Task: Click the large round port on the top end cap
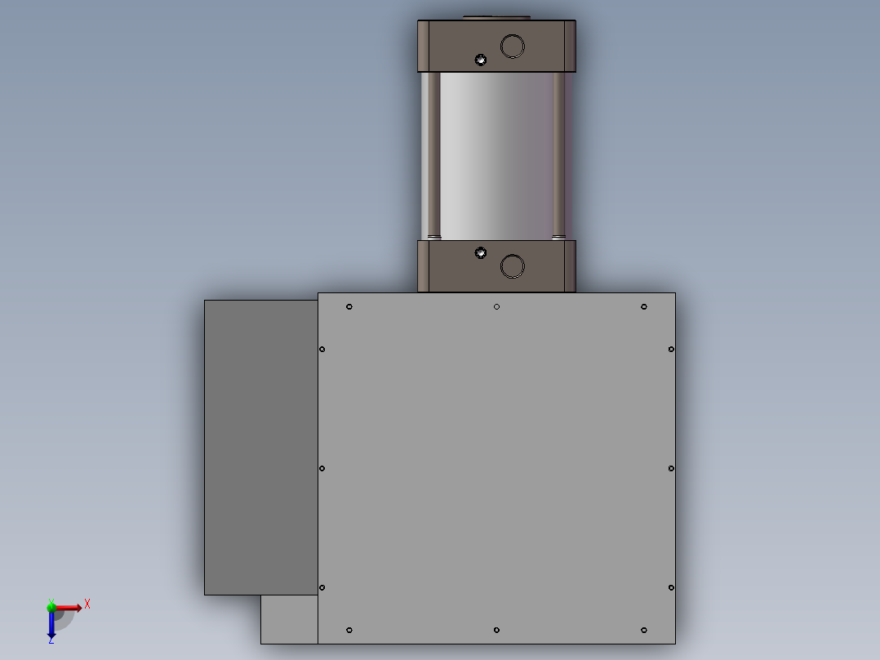click(x=512, y=46)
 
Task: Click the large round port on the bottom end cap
click(x=512, y=266)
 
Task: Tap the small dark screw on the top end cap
click(x=481, y=60)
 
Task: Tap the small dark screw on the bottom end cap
click(x=481, y=253)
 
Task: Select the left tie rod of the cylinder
click(x=434, y=155)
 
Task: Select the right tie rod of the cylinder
click(x=558, y=155)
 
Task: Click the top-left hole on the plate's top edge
click(x=349, y=307)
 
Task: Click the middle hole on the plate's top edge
click(x=496, y=307)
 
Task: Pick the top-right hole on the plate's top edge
click(x=644, y=307)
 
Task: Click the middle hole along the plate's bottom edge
click(x=496, y=630)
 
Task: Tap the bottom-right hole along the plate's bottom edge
click(x=644, y=630)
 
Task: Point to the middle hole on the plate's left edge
click(x=322, y=468)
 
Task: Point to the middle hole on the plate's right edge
click(x=671, y=468)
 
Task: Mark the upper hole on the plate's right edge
click(x=671, y=350)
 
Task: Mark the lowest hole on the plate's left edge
click(x=322, y=587)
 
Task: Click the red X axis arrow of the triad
click(x=75, y=607)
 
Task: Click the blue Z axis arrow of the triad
click(x=51, y=630)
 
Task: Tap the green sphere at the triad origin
click(x=51, y=607)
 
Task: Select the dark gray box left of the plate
click(x=260, y=447)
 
